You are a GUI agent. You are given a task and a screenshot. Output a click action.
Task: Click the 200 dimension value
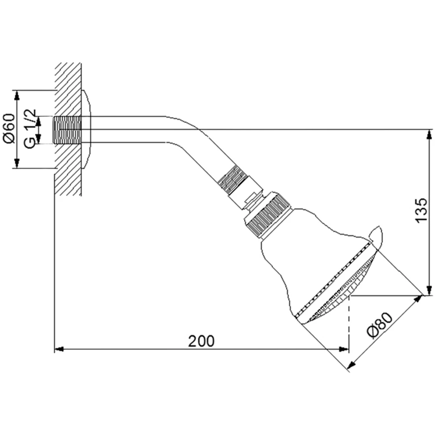coord(201,341)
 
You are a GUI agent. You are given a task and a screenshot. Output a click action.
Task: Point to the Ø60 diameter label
coord(9,128)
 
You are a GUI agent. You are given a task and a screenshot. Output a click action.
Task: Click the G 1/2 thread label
coord(30,129)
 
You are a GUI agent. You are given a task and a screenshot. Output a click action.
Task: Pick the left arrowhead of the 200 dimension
coord(59,349)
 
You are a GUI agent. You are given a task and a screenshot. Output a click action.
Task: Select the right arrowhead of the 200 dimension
coord(344,349)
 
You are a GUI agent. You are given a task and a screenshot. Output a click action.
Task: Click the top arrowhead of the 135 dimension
coord(429,134)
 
